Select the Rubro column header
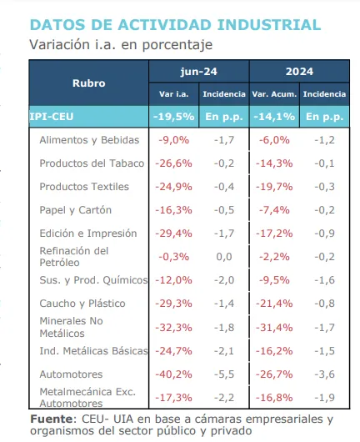[88, 83]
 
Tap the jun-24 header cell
[198, 72]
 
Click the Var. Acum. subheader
[272, 94]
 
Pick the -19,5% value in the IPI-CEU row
[173, 117]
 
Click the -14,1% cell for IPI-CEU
[272, 117]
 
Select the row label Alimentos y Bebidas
[89, 140]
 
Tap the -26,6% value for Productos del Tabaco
[173, 163]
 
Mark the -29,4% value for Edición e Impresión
[173, 234]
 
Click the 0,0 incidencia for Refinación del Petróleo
[223, 257]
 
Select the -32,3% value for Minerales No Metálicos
[173, 327]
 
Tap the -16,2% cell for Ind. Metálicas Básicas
[272, 351]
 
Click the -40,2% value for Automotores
[173, 374]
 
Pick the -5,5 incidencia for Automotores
[223, 374]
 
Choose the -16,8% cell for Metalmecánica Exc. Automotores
[272, 398]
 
